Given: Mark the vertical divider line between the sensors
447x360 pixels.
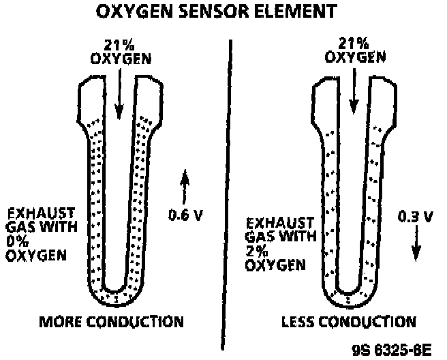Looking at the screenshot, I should pos(226,191).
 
